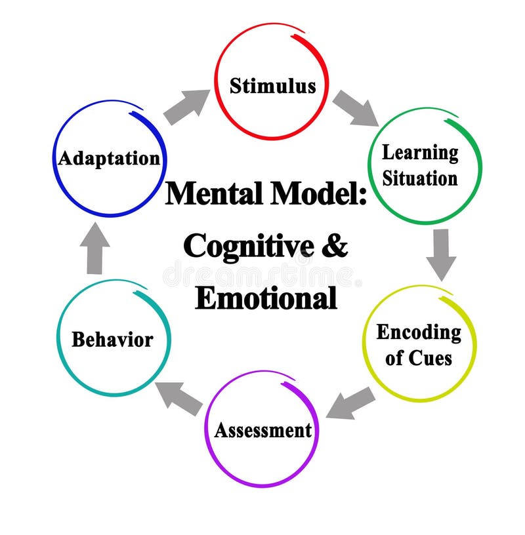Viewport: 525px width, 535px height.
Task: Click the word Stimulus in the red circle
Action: (272, 86)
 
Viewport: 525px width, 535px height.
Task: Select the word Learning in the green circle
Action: (420, 153)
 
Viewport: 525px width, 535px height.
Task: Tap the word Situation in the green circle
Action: (420, 178)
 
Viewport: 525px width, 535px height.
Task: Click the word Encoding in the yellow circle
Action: (419, 332)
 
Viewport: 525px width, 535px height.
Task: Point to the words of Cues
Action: (419, 358)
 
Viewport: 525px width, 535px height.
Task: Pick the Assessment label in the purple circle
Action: (262, 431)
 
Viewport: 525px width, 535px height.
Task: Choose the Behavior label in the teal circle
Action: (112, 340)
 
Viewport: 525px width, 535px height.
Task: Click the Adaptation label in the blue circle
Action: (109, 158)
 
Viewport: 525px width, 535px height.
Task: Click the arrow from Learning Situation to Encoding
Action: (441, 252)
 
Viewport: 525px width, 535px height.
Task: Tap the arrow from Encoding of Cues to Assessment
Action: (351, 402)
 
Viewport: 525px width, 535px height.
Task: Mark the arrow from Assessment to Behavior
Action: (179, 397)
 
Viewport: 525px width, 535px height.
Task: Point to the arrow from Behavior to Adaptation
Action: (95, 248)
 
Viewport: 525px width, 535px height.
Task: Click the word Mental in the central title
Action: (210, 195)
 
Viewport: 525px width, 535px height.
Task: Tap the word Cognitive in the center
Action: (240, 247)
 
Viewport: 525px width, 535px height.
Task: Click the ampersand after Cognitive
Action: (335, 247)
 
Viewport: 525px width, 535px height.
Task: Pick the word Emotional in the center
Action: (266, 298)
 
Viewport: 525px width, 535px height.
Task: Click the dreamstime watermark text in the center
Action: (262, 274)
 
